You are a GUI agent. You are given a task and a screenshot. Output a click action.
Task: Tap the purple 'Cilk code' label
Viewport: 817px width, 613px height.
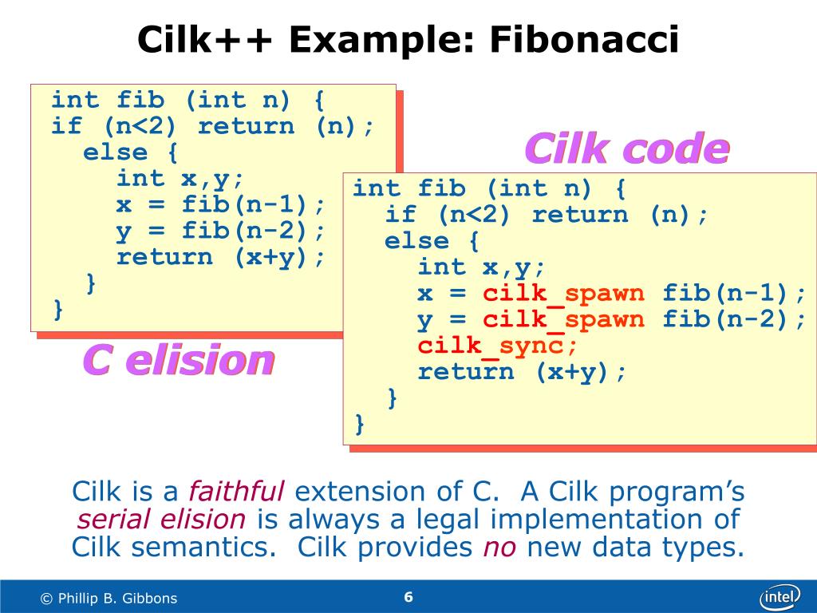pos(626,149)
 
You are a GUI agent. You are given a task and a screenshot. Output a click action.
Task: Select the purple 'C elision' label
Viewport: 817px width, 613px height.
pos(179,361)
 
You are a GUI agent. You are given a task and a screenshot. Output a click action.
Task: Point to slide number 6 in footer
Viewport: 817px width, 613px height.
pos(408,597)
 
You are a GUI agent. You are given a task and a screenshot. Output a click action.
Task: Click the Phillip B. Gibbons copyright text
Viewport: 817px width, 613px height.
pos(109,598)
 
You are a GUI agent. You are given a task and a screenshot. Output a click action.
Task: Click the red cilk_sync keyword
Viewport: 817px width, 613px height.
pos(497,346)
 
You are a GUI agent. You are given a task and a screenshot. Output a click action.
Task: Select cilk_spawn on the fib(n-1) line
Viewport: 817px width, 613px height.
pos(563,293)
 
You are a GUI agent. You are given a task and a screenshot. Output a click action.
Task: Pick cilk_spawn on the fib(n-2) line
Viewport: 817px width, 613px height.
pos(563,319)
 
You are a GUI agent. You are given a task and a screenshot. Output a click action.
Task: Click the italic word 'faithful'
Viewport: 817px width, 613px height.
pos(236,491)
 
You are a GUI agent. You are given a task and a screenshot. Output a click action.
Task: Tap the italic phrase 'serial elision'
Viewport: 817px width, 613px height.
pos(161,520)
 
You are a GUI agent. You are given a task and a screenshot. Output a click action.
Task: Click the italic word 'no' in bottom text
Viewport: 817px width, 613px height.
pos(499,548)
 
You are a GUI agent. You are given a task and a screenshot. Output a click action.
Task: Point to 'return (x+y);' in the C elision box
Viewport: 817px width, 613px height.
pos(221,257)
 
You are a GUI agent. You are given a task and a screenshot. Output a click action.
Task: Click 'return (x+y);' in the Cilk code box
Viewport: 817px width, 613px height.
pos(523,371)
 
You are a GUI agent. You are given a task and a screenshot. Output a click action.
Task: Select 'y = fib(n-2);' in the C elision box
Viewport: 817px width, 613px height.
pos(221,231)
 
